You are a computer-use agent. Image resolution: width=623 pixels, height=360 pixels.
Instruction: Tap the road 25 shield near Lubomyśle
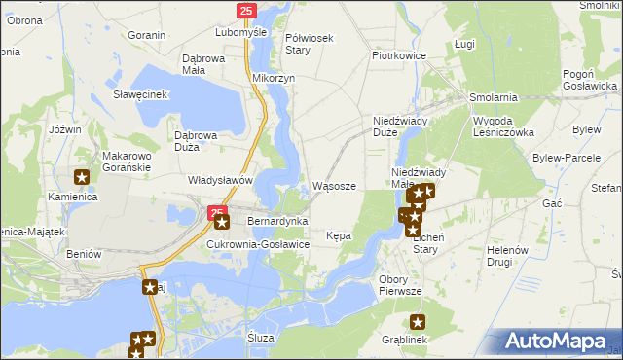click(245, 11)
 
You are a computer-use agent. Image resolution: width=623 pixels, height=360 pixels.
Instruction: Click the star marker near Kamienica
click(83, 177)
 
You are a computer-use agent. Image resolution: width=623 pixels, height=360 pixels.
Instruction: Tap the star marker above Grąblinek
click(419, 322)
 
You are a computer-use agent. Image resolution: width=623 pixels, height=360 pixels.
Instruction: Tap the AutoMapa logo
click(555, 341)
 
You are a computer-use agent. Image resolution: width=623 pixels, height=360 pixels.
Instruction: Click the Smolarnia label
click(493, 98)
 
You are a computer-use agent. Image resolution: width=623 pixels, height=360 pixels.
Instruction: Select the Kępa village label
click(339, 235)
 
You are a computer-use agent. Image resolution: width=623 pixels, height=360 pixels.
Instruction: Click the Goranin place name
click(146, 35)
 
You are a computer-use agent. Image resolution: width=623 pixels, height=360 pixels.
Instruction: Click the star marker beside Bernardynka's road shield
click(222, 223)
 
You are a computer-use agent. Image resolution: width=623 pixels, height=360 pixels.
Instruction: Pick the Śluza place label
click(261, 337)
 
